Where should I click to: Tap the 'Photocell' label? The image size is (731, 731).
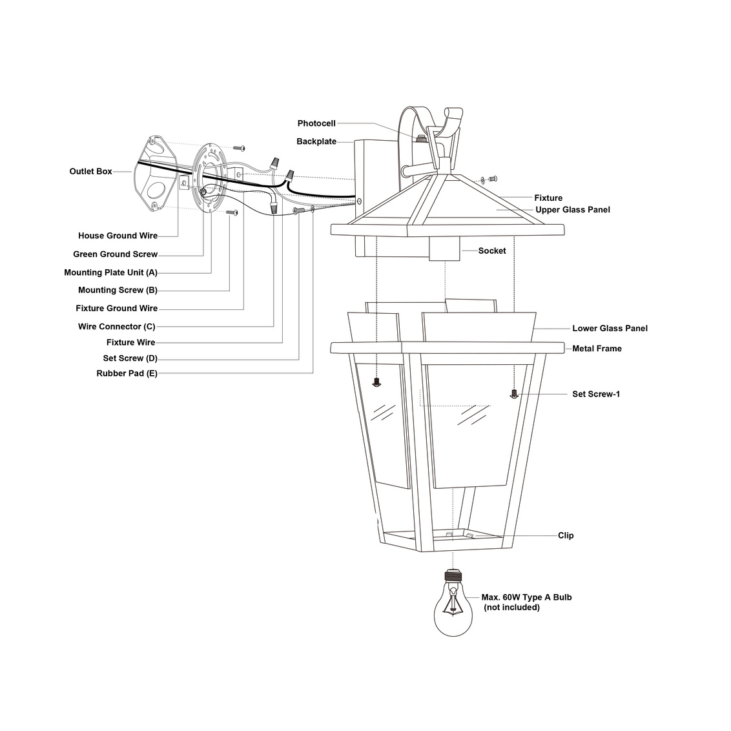click(x=316, y=123)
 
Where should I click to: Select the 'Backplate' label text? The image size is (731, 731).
click(x=316, y=141)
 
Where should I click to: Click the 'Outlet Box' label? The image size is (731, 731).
click(x=90, y=172)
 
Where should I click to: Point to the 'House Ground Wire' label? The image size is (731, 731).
click(x=118, y=236)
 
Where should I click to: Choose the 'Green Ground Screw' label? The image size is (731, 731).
click(x=115, y=254)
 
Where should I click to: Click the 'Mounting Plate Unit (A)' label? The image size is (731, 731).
click(x=110, y=273)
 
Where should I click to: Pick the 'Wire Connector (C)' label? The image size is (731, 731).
click(x=116, y=327)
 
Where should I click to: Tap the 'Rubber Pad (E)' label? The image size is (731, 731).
click(x=127, y=373)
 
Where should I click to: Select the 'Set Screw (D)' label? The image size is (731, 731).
click(x=130, y=358)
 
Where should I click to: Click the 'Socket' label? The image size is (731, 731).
click(x=492, y=251)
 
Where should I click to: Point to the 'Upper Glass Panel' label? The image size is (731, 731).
click(x=572, y=210)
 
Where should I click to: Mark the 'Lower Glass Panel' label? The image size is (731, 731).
click(x=610, y=329)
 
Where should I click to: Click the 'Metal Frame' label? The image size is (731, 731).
click(x=597, y=349)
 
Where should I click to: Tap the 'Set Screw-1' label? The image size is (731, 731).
click(x=596, y=394)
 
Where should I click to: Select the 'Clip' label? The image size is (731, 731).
click(x=566, y=535)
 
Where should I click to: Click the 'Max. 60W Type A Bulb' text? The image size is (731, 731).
click(x=526, y=597)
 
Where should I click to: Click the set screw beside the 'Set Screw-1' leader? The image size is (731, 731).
click(x=514, y=393)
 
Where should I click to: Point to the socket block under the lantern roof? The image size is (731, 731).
click(x=445, y=249)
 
